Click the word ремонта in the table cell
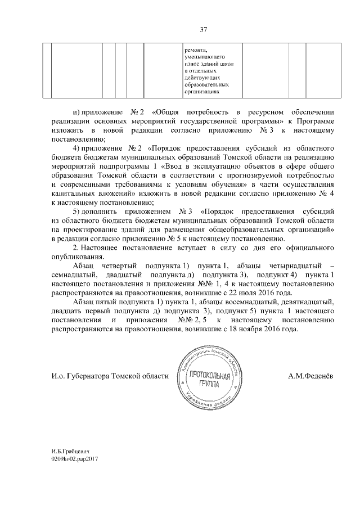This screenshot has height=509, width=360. coord(196,49)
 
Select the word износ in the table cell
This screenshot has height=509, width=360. coord(193,66)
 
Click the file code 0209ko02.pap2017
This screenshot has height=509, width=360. coord(75,459)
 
